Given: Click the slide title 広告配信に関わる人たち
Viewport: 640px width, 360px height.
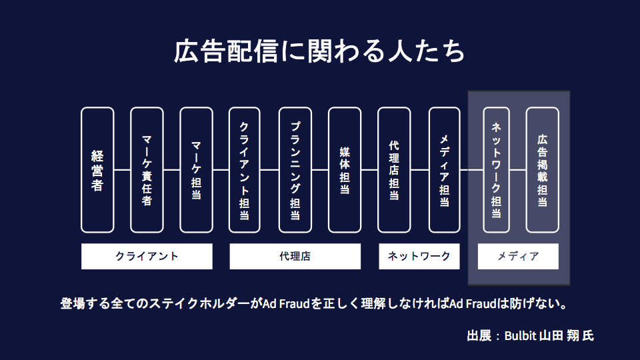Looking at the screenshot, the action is (319, 53).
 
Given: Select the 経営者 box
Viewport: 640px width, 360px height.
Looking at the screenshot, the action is (97, 170).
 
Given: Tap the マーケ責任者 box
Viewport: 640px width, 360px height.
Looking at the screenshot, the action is (147, 170).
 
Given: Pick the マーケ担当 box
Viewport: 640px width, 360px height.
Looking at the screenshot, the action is (196, 170).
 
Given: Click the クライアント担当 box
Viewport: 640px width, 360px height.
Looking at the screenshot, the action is (245, 170).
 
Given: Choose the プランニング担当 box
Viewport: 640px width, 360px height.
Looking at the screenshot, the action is (295, 170).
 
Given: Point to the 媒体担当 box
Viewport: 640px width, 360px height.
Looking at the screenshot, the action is (345, 170).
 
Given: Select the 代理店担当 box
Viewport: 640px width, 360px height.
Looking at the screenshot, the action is (394, 170).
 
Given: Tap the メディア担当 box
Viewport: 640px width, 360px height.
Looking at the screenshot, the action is (444, 170).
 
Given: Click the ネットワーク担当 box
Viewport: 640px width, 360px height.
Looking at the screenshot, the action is (496, 170).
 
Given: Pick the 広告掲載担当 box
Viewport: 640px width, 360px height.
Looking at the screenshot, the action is (543, 170).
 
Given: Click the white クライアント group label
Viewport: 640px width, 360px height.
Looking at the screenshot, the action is (147, 256).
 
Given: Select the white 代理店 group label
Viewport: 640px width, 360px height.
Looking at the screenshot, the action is (295, 256).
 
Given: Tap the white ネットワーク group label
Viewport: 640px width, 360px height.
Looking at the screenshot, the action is (419, 256).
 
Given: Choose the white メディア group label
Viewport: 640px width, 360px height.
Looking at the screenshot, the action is (518, 256).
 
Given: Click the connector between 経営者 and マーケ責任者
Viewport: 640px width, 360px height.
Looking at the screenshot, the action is (122, 170).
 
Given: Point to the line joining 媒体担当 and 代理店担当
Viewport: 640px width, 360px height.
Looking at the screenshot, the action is (369, 170).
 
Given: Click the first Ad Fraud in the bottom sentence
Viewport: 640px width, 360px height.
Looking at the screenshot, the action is (285, 305).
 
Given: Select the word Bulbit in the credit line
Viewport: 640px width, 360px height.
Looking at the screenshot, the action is (519, 335).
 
